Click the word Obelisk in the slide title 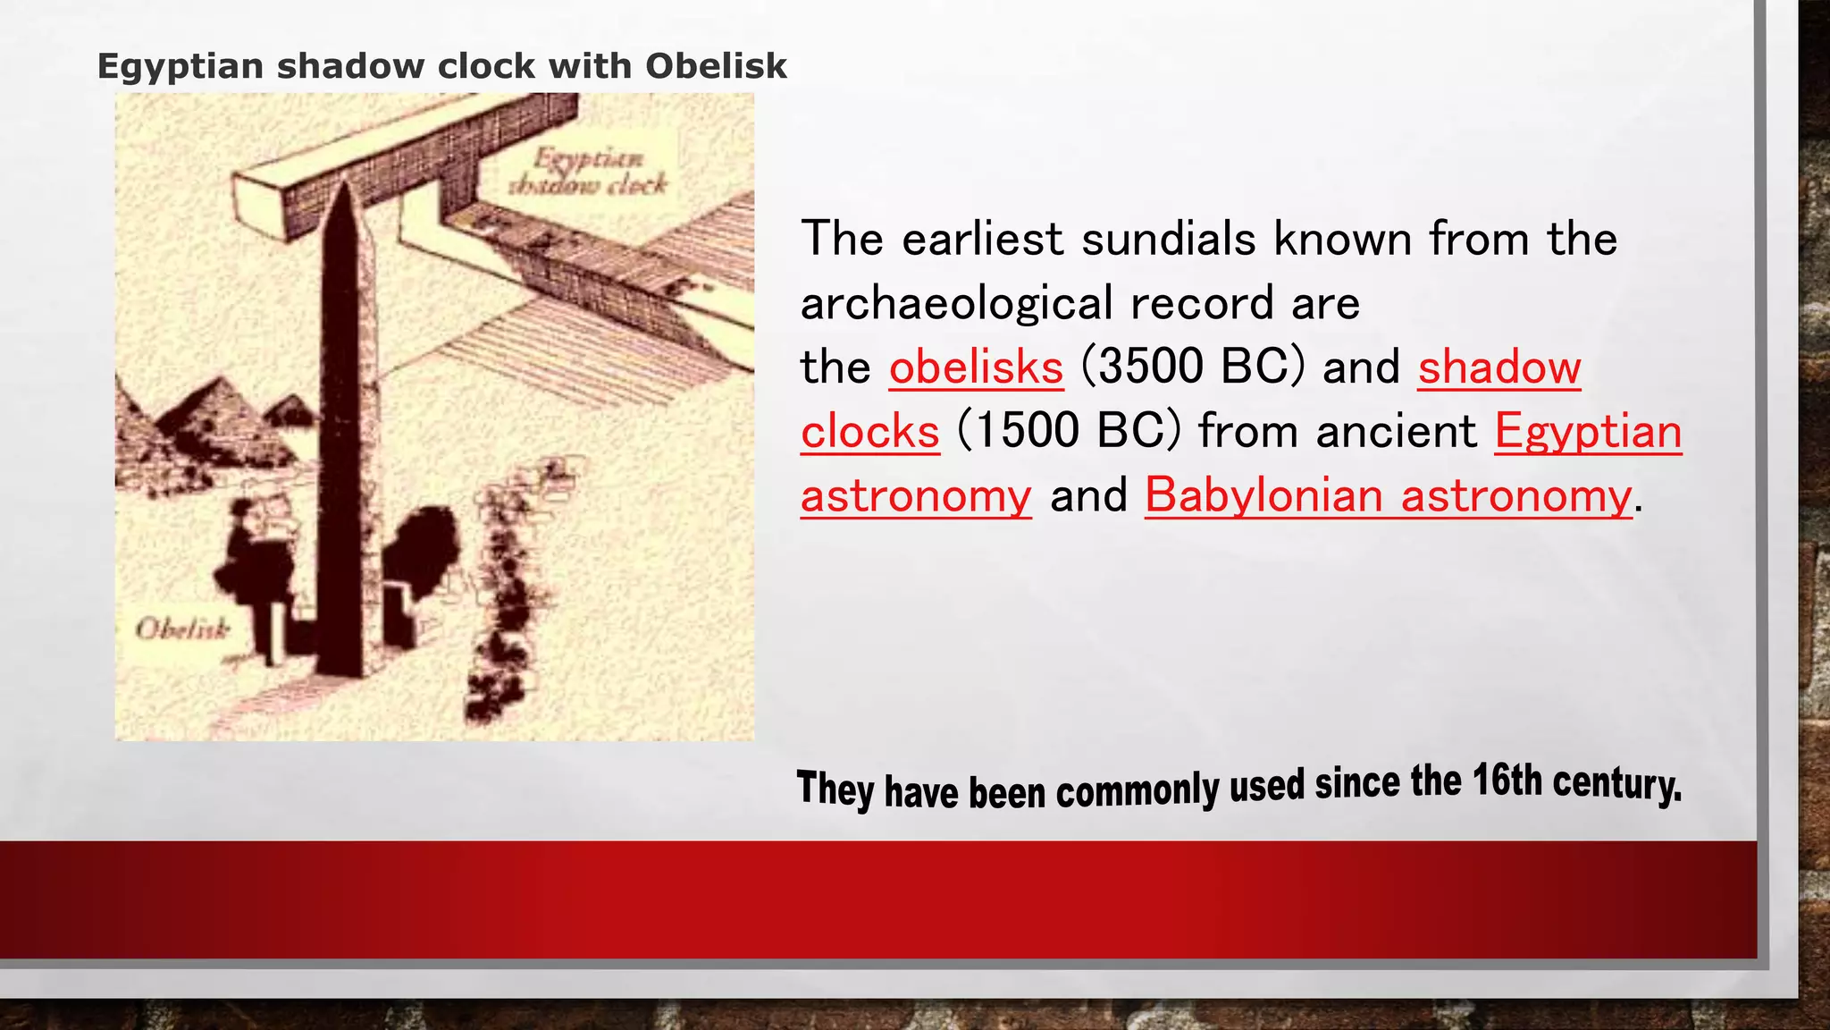tap(716, 66)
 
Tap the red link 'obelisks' tap(976, 367)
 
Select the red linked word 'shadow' tap(1498, 367)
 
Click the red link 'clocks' tap(869, 432)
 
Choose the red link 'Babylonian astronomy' tap(1388, 496)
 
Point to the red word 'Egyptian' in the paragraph tap(1588, 432)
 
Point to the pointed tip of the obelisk tap(343, 184)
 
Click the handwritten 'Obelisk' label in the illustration tap(182, 629)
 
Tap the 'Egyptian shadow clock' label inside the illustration tap(588, 172)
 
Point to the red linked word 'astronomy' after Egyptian tap(916, 496)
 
